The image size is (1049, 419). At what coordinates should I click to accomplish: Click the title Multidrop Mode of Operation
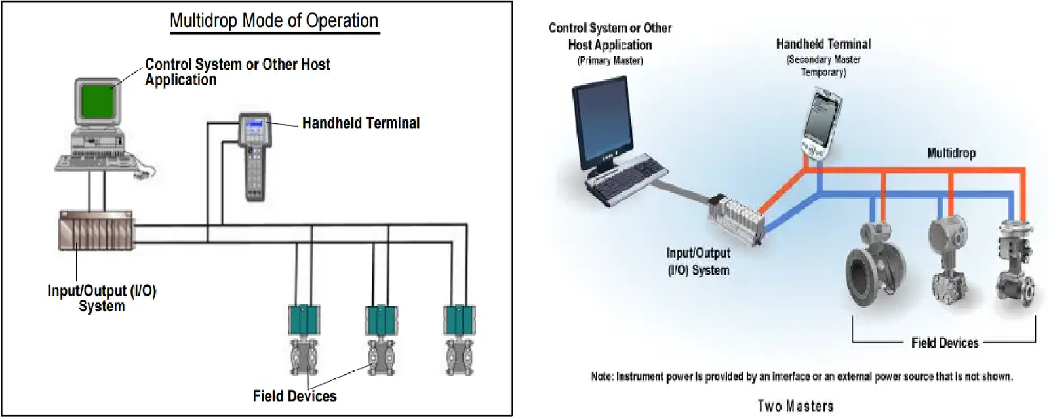coord(274,21)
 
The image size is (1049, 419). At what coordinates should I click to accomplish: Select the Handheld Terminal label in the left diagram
coord(361,123)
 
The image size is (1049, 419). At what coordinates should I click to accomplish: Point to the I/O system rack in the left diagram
coord(96,231)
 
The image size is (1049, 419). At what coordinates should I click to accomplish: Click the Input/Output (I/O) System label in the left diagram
coord(102,298)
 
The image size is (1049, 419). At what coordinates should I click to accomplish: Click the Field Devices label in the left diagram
coord(294,396)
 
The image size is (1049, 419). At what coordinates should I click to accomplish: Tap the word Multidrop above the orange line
coord(951,153)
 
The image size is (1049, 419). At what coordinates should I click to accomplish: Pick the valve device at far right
coord(1016,262)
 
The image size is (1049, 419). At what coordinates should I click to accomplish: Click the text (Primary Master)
coord(610,60)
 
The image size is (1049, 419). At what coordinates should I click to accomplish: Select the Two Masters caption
coord(795,406)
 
